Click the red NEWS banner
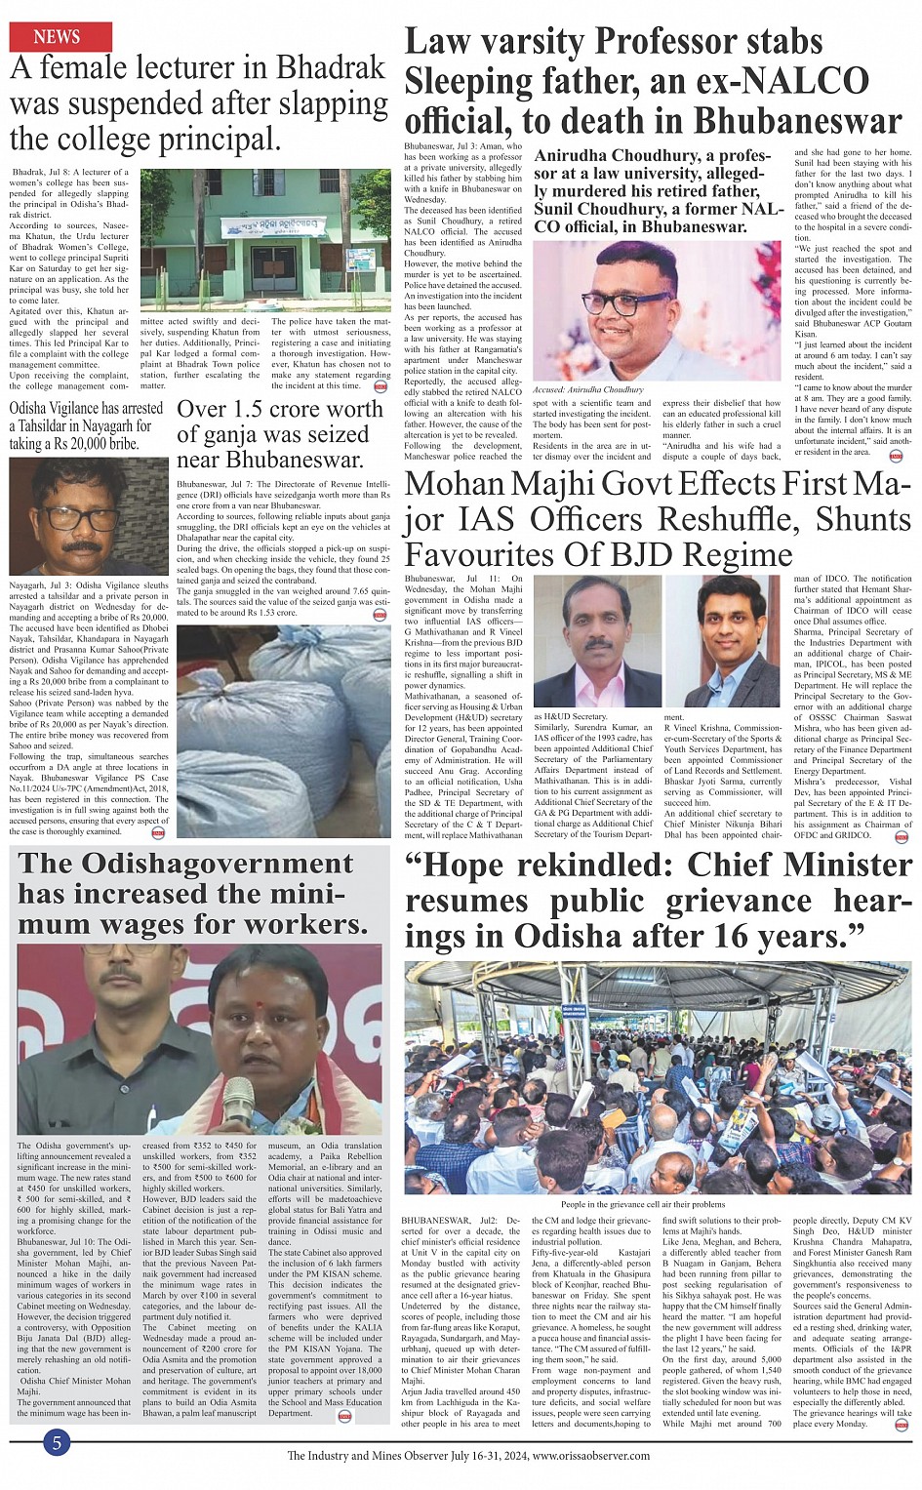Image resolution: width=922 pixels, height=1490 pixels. (60, 37)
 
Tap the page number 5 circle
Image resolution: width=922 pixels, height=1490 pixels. (57, 1443)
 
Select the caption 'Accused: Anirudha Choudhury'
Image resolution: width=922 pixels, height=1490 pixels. (588, 389)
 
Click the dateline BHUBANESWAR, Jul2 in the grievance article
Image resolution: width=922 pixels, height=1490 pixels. (448, 1221)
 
